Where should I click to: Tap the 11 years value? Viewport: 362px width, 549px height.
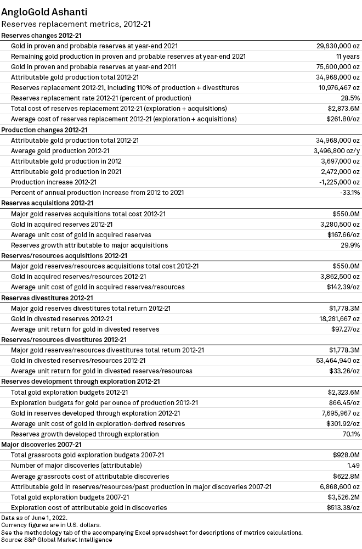click(x=348, y=57)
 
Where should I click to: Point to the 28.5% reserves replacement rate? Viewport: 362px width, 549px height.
click(x=349, y=98)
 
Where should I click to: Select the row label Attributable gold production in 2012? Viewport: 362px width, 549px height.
click(x=66, y=161)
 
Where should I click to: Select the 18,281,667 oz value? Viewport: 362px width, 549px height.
click(x=335, y=318)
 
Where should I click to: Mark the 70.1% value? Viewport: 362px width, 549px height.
click(x=350, y=434)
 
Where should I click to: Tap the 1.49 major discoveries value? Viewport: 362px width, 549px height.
click(x=352, y=466)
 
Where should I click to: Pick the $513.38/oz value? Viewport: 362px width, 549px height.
click(x=340, y=507)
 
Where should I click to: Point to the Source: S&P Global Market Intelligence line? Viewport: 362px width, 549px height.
click(x=56, y=540)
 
